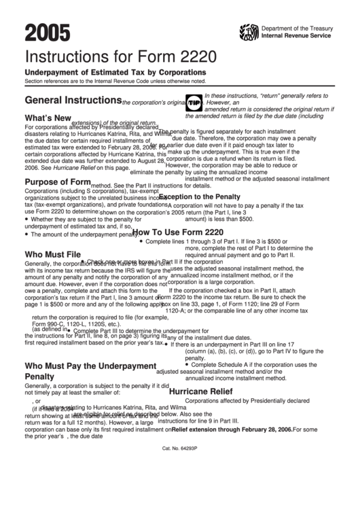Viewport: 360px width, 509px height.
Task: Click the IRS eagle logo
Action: pyautogui.click(x=249, y=31)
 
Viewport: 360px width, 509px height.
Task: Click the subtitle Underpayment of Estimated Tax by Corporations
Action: pyautogui.click(x=115, y=72)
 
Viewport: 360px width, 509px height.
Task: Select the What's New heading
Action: pyautogui.click(x=48, y=118)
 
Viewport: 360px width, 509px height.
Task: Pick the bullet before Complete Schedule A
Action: pyautogui.click(x=166, y=365)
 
